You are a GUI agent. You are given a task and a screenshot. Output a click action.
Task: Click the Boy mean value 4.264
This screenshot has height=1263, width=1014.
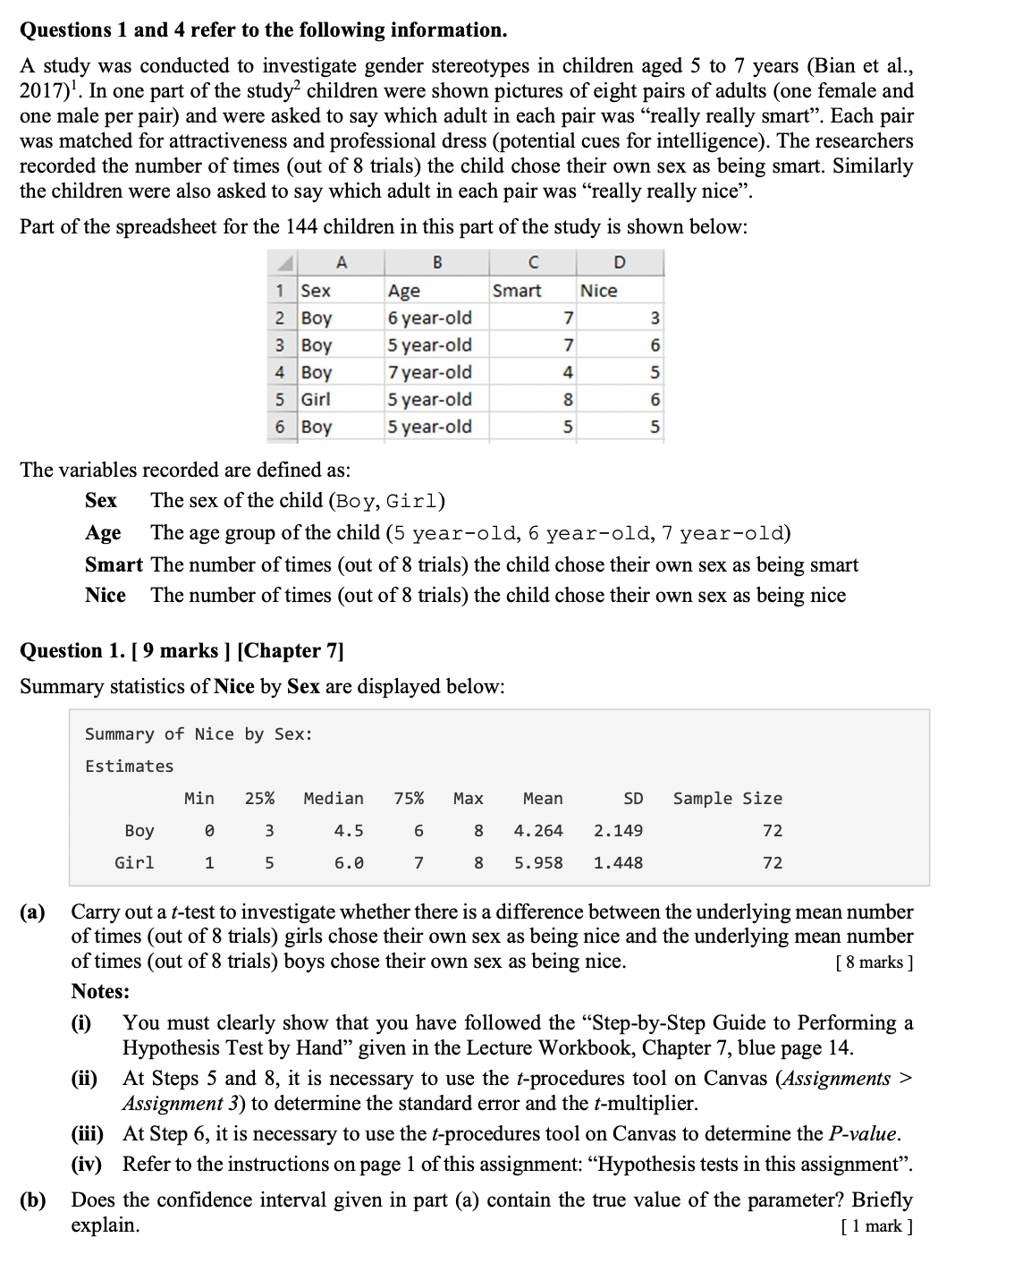pos(538,830)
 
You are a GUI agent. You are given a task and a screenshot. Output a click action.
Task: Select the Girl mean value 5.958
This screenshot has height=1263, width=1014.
pos(538,862)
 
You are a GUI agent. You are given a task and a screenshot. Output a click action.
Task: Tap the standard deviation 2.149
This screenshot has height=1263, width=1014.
pos(618,830)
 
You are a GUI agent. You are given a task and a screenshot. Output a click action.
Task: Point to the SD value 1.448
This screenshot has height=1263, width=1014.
pos(618,862)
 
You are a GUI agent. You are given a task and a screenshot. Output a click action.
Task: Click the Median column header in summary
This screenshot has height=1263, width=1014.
pos(334,798)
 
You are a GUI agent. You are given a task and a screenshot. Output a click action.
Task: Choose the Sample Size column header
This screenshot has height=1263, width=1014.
pos(727,798)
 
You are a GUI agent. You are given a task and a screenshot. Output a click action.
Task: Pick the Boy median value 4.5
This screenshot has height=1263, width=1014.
pos(348,830)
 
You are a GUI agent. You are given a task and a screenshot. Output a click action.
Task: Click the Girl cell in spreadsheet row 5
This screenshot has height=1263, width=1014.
pos(316,399)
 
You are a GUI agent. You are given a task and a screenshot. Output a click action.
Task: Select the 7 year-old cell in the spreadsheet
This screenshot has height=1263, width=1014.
pos(429,372)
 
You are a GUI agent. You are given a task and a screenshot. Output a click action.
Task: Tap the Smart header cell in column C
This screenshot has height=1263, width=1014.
pos(517,291)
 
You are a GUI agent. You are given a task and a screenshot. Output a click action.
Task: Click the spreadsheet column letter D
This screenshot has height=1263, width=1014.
pos(620,262)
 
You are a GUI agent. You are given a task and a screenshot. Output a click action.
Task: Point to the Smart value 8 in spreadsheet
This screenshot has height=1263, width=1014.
pos(568,400)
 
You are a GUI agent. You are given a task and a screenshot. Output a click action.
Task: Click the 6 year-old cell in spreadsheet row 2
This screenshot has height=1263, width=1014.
pos(429,318)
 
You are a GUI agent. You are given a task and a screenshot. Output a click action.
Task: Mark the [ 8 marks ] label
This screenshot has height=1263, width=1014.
pos(874,962)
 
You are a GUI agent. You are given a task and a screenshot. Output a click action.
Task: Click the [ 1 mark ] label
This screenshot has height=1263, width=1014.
pos(876,1226)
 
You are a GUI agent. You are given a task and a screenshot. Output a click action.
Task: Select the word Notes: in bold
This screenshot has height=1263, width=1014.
pos(100,991)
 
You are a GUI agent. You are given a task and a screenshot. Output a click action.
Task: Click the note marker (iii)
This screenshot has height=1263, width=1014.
pos(88,1134)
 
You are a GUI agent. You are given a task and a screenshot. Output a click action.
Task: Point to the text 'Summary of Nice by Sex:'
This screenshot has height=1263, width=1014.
pos(199,733)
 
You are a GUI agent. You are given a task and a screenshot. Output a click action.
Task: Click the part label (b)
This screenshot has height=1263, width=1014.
pos(33,1200)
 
